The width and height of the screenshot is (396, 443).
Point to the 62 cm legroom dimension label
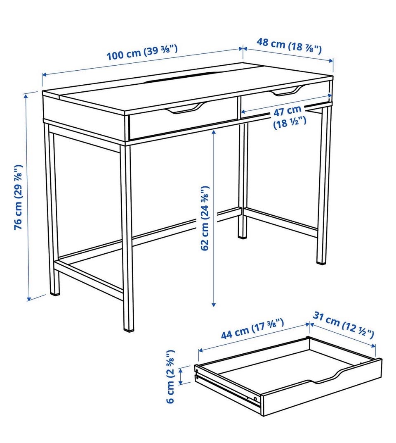(x=205, y=218)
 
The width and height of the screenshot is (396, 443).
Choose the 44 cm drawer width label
(x=252, y=328)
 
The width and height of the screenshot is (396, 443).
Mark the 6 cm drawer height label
(x=170, y=376)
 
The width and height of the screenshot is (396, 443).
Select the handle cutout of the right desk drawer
(x=286, y=91)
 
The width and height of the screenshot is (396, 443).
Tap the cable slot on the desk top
(x=181, y=78)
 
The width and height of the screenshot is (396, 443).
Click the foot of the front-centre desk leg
(x=129, y=327)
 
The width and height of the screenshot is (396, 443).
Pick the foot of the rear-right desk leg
(x=321, y=261)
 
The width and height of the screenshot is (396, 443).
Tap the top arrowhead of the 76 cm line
(x=26, y=96)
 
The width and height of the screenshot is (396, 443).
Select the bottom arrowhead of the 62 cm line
(x=214, y=304)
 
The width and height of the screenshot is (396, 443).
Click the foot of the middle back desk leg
(x=242, y=236)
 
